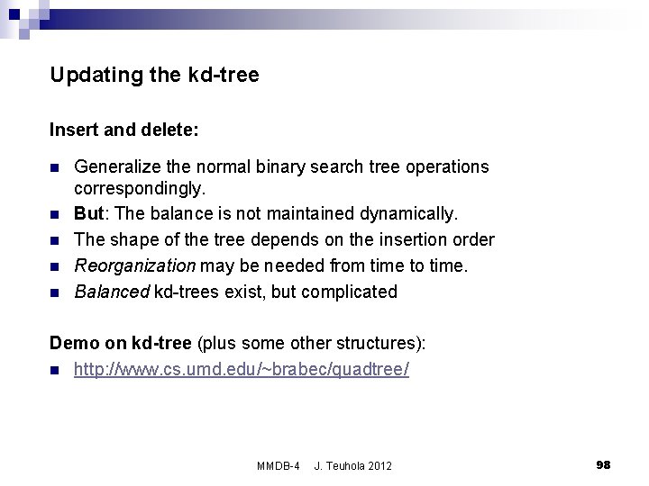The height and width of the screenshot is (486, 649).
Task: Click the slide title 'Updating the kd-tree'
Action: [x=154, y=76]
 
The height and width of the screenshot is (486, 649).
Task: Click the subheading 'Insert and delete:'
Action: [x=124, y=130]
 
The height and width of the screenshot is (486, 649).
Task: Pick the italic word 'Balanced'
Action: [x=111, y=291]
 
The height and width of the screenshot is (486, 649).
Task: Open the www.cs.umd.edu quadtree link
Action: [x=242, y=369]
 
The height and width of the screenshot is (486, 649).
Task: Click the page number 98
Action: [x=603, y=464]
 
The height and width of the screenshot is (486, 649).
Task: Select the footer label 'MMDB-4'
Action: [x=277, y=465]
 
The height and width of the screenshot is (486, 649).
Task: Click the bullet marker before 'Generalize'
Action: [x=56, y=168]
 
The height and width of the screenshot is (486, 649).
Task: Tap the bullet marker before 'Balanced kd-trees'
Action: [x=56, y=292]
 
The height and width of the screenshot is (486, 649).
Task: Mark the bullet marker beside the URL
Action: [x=56, y=370]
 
